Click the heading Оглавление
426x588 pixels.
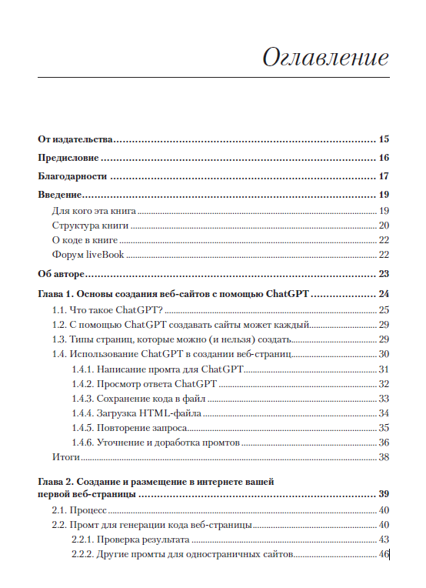[x=325, y=58]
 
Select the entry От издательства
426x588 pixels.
[x=75, y=139]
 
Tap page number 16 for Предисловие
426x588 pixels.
[x=384, y=158]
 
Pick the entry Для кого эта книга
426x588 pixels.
[x=94, y=211]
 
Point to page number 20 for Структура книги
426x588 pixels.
[x=384, y=226]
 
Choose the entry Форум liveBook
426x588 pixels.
[x=88, y=255]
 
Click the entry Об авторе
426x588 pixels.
[x=61, y=274]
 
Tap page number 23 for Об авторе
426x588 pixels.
[x=384, y=274]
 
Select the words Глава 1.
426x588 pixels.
[x=55, y=294]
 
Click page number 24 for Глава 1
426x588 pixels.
[x=384, y=294]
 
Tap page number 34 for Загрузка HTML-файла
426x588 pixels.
[x=384, y=413]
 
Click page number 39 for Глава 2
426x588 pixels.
[x=384, y=493]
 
